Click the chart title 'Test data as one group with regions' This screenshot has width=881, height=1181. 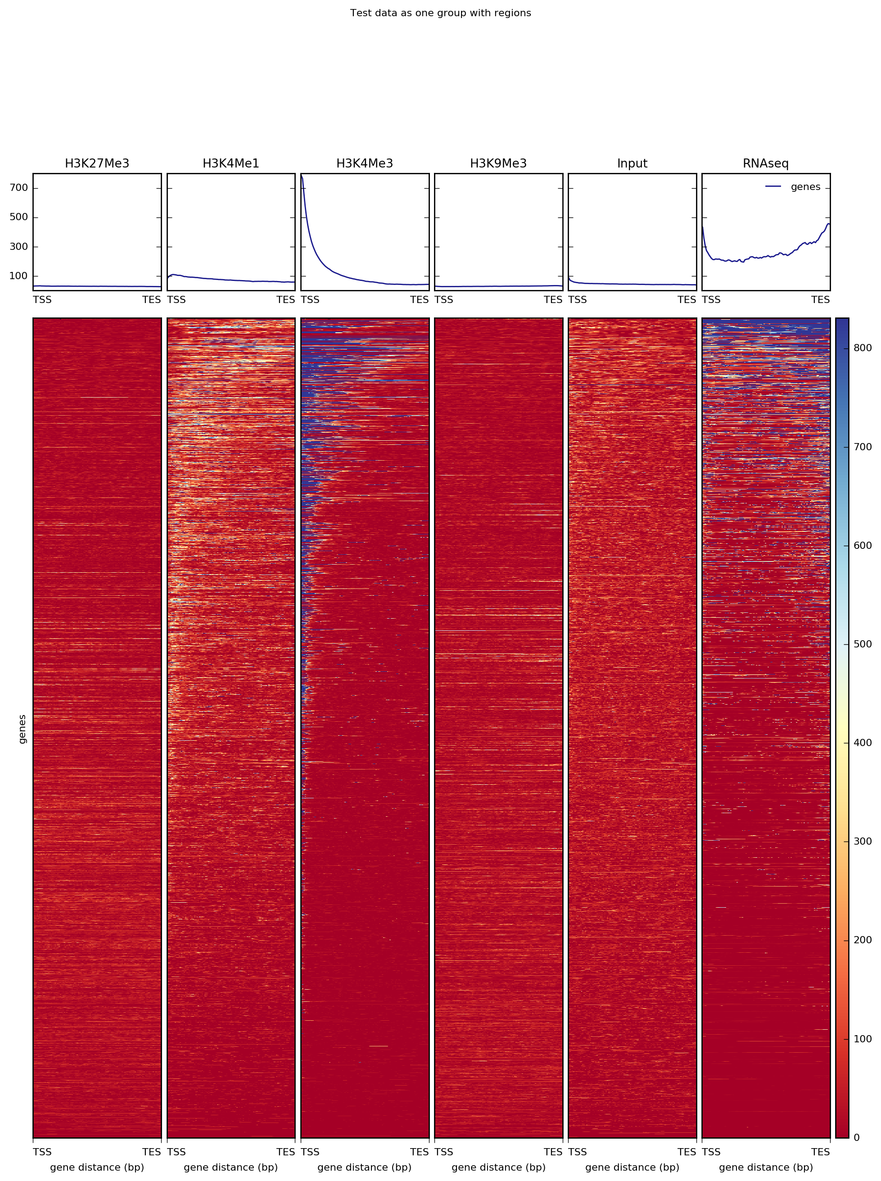coord(440,13)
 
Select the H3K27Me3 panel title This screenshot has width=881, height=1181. coord(97,163)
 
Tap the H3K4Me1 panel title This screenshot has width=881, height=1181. coord(231,163)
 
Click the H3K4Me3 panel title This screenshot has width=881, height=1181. coord(365,163)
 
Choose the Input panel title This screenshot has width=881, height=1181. coord(632,163)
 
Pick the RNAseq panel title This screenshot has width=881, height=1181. coord(766,163)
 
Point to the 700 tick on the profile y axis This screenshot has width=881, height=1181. coord(18,188)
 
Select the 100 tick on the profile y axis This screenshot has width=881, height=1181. coord(18,276)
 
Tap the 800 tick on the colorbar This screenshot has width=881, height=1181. coord(863,348)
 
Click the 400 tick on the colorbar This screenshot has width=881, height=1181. coord(863,742)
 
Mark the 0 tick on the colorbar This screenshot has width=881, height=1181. coord(857,1137)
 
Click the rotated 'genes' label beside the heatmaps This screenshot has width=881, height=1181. coord(22,729)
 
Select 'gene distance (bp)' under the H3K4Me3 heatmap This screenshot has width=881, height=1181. coord(365,1167)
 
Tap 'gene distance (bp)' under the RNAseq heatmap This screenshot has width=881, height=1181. coord(766,1167)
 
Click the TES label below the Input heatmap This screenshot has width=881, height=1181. coord(687,1152)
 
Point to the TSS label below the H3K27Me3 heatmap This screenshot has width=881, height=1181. coord(43,1152)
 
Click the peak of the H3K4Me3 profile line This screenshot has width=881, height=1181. coord(302,176)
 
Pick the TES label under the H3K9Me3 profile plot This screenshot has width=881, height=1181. coord(553,300)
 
